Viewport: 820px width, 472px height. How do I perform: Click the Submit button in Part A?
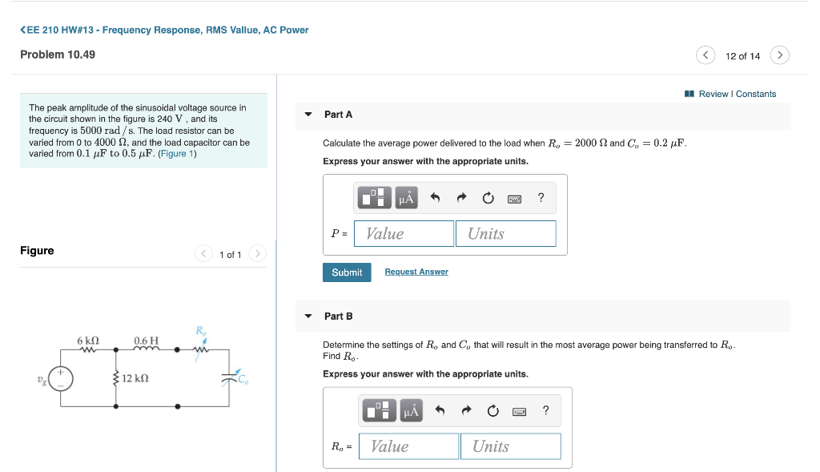click(347, 272)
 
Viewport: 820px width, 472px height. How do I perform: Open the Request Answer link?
click(416, 272)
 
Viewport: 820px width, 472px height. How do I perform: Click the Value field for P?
click(404, 234)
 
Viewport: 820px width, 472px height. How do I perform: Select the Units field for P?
click(506, 234)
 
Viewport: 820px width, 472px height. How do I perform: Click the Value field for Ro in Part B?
click(408, 446)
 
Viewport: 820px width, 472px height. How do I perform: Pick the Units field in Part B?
click(510, 446)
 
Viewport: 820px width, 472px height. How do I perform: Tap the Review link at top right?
click(713, 94)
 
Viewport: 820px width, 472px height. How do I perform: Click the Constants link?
click(756, 94)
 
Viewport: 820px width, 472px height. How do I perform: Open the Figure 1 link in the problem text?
click(177, 153)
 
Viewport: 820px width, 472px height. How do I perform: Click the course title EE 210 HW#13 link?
click(164, 30)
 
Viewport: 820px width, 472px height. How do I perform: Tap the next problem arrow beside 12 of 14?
click(780, 55)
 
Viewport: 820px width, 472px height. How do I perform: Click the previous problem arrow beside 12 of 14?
click(705, 55)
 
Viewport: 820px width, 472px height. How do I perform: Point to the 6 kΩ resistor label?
click(88, 341)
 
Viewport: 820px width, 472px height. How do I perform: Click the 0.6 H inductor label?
click(147, 341)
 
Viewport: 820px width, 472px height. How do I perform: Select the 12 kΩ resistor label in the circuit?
click(135, 377)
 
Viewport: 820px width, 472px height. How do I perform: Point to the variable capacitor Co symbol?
click(231, 379)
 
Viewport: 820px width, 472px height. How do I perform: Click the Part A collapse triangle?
click(308, 115)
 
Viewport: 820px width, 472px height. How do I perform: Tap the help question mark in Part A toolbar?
click(541, 198)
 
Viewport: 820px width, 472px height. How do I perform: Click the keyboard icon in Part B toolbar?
click(519, 411)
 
